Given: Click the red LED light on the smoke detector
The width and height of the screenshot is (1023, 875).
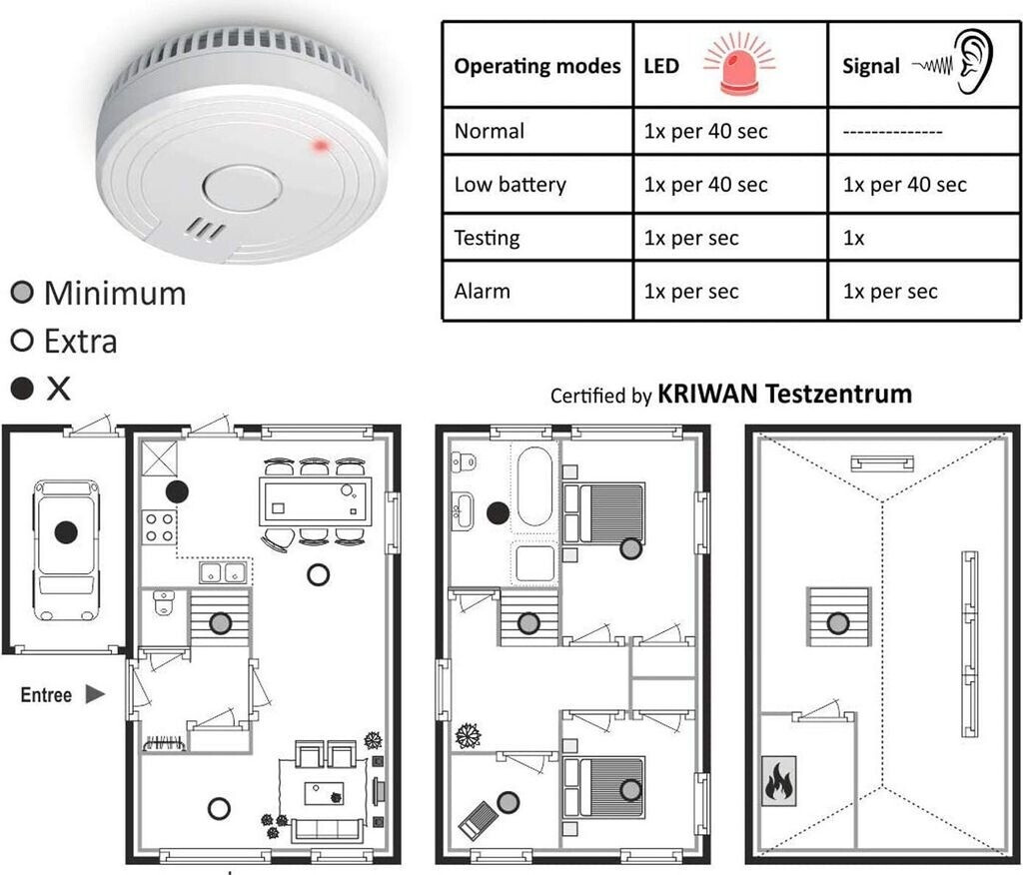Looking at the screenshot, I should (x=322, y=146).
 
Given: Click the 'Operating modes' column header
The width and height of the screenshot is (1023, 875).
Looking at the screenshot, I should (x=537, y=67).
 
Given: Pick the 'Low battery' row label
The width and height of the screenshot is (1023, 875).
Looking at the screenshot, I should (x=510, y=185).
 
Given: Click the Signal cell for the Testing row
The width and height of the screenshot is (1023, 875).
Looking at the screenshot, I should (x=854, y=239).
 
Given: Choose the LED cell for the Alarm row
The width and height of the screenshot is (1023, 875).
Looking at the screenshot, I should (x=691, y=292).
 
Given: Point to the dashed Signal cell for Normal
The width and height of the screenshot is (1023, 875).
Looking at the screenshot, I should (x=893, y=132).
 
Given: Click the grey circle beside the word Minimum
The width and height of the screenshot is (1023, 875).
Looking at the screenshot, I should (x=22, y=293).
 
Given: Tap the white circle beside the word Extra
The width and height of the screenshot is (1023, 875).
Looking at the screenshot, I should (x=22, y=342).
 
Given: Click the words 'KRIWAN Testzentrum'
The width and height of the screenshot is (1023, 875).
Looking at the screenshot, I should (x=784, y=394).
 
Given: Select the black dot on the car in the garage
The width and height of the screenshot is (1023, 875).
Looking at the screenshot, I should (x=66, y=532).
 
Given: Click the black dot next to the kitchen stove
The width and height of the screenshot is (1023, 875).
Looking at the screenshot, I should (x=177, y=490).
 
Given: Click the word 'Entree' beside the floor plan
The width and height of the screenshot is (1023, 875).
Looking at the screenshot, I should (x=46, y=694).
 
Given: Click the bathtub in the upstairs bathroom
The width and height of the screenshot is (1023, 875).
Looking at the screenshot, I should (x=534, y=486).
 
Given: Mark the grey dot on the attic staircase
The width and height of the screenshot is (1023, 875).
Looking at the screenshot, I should (x=838, y=623).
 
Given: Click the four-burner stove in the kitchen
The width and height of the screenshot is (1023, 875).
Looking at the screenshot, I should (x=159, y=526).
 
